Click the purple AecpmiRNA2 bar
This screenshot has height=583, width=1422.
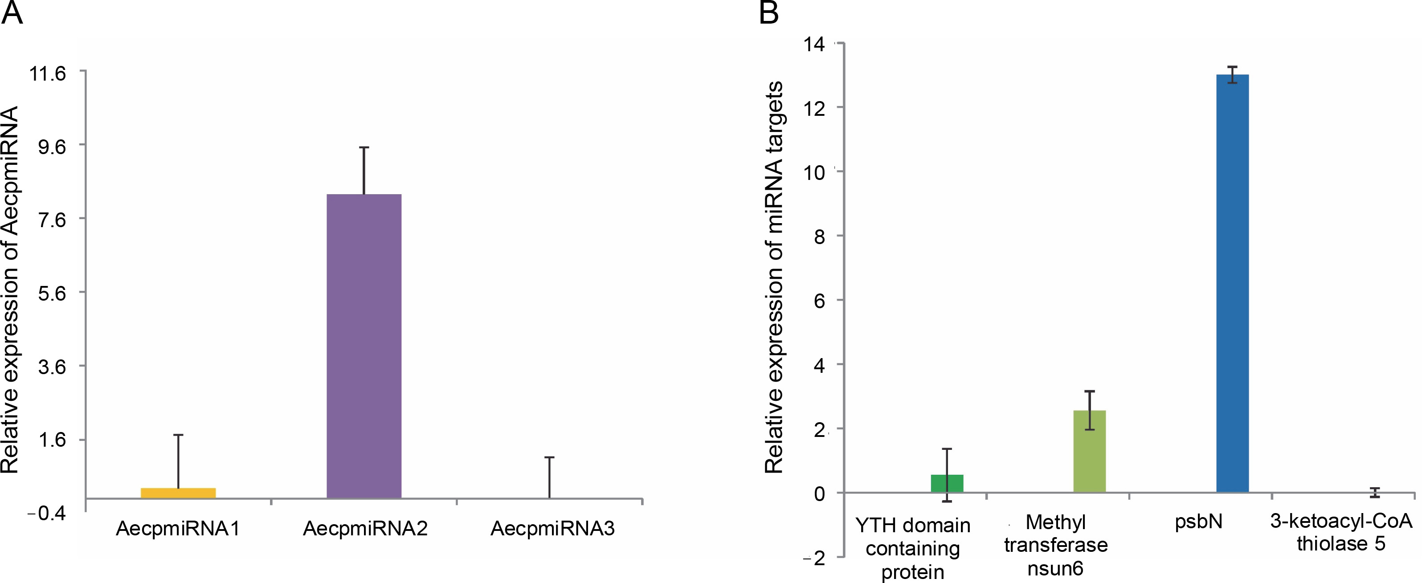click(364, 346)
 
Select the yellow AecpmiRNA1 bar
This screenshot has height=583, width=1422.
click(178, 493)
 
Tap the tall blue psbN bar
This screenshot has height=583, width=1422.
click(1232, 283)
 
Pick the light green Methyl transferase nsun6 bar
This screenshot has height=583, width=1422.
click(1089, 451)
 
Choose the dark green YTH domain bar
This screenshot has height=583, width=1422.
click(947, 483)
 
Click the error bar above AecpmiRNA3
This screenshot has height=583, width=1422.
click(550, 477)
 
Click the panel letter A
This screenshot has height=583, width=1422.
click(12, 13)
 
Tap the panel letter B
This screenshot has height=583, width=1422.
click(769, 13)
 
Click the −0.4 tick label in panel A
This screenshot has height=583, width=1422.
click(46, 514)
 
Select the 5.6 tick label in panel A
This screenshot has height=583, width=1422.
click(51, 293)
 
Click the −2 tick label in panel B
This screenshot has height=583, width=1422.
click(814, 558)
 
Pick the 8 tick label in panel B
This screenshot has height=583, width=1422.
click(819, 237)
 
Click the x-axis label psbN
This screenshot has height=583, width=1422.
click(1198, 522)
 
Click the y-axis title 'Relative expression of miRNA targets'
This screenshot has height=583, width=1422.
click(774, 277)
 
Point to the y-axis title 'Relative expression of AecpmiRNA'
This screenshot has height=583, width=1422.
click(10, 290)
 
